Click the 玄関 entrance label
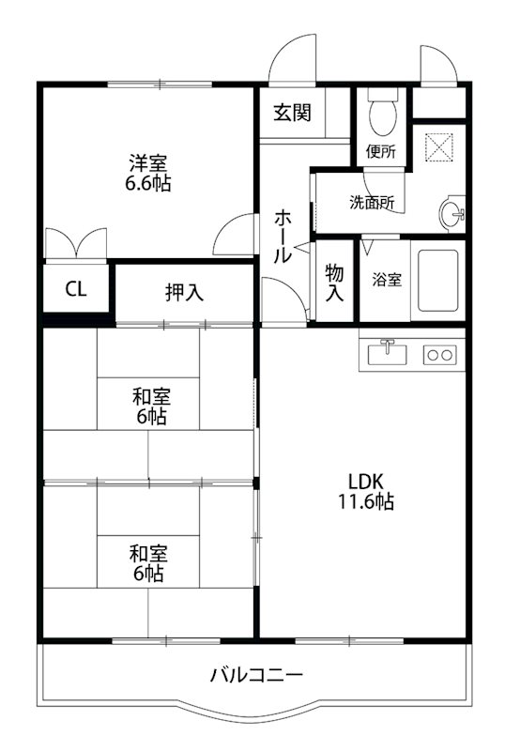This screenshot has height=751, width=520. point(292,114)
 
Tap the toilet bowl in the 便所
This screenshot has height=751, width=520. point(382,114)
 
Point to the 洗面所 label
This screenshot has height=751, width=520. point(372,202)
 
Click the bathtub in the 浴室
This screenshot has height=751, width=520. point(439,279)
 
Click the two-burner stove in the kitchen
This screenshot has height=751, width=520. point(439,354)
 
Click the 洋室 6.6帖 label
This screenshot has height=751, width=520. point(149,173)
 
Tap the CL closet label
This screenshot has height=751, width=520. point(76,289)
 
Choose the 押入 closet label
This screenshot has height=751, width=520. point(184,292)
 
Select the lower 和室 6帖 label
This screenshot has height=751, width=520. point(149,562)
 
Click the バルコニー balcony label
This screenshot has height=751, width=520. point(256,674)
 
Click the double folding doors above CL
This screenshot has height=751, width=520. point(75,242)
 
